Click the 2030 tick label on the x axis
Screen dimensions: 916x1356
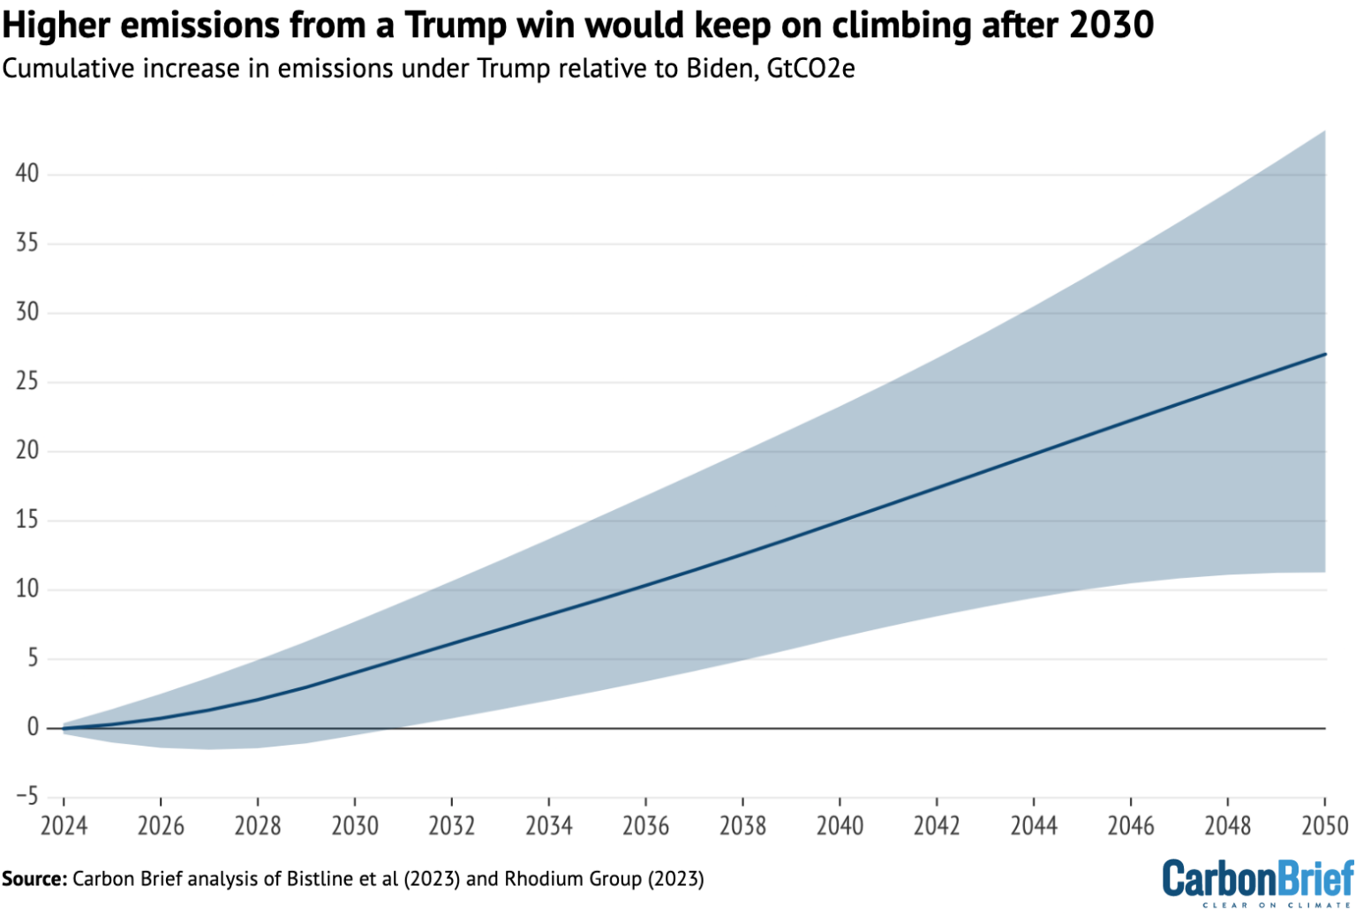coord(354,826)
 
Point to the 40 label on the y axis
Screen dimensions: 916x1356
coord(27,173)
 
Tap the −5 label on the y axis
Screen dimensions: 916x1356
coord(27,796)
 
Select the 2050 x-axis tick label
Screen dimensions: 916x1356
coord(1324,826)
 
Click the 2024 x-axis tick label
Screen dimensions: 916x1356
coord(64,826)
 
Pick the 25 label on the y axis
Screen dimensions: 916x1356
coord(27,381)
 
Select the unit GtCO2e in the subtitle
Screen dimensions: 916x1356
coord(810,68)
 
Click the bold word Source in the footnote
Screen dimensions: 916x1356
coord(34,879)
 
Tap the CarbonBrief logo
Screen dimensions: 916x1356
coord(1257,882)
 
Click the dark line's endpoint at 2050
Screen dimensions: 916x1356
coord(1325,354)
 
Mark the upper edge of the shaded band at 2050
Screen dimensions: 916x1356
coord(1325,131)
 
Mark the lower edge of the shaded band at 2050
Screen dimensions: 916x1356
coord(1325,572)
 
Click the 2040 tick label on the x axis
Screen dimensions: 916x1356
coord(840,826)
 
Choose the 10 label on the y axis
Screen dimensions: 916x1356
coord(27,589)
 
